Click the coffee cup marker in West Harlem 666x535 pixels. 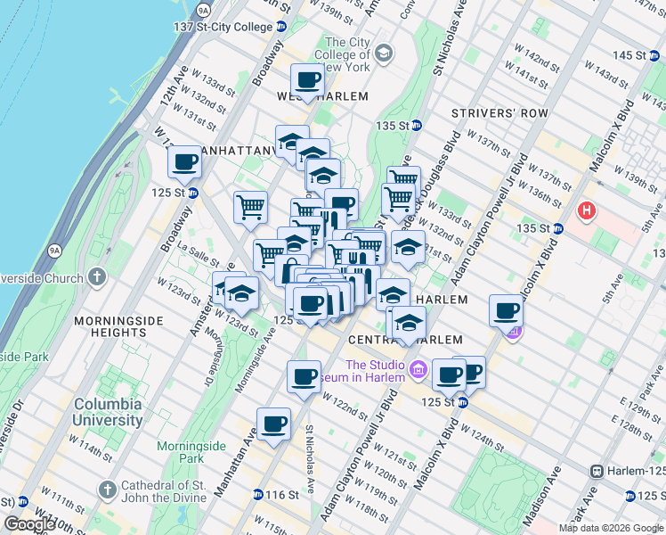pos(307,80)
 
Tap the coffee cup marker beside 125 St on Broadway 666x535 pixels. pos(184,162)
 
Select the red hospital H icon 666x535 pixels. pos(587,211)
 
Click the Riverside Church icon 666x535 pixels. pos(103,275)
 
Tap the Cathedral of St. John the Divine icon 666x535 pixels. pos(108,489)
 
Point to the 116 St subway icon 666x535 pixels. pos(257,494)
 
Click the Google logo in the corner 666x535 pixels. pos(28,523)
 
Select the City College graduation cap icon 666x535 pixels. pos(384,54)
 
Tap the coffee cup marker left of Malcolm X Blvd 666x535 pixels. pos(506,311)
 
